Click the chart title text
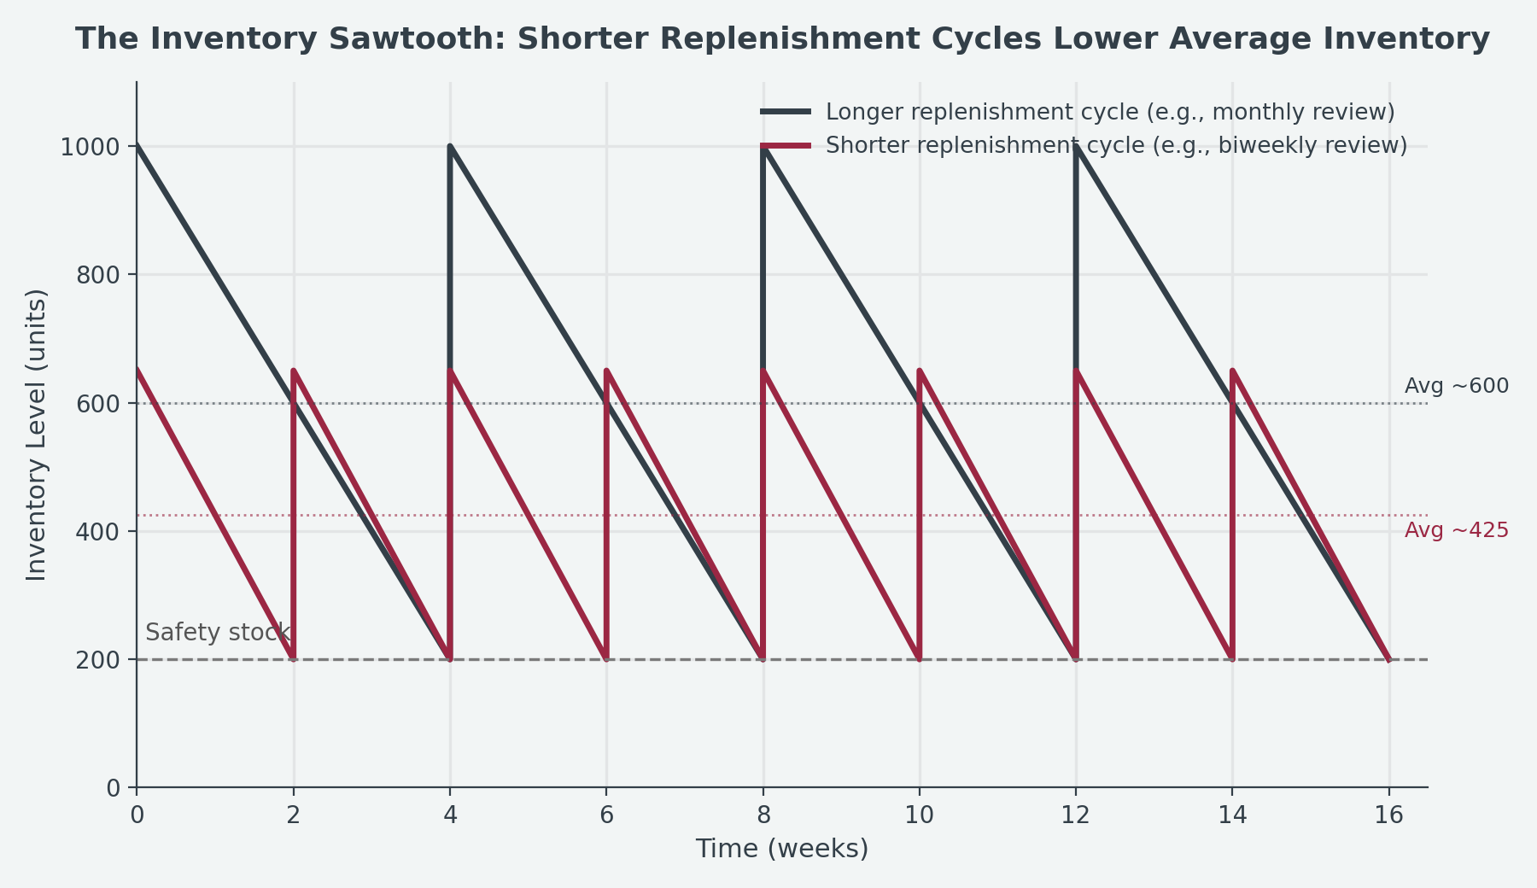tap(782, 39)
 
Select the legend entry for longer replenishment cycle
tap(1077, 112)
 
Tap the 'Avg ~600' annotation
tap(1457, 386)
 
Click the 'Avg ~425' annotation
tap(1457, 530)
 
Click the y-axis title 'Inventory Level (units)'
tap(36, 435)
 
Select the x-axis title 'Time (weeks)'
tap(782, 849)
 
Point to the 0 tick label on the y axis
tap(113, 788)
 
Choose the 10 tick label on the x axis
tap(920, 815)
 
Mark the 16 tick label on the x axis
tap(1389, 815)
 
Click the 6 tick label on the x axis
tap(606, 815)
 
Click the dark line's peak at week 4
tap(450, 146)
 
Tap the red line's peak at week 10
tap(920, 371)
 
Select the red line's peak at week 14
tap(1233, 371)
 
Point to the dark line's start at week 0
tap(137, 146)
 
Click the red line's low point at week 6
tap(606, 659)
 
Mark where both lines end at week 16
tap(1389, 659)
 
